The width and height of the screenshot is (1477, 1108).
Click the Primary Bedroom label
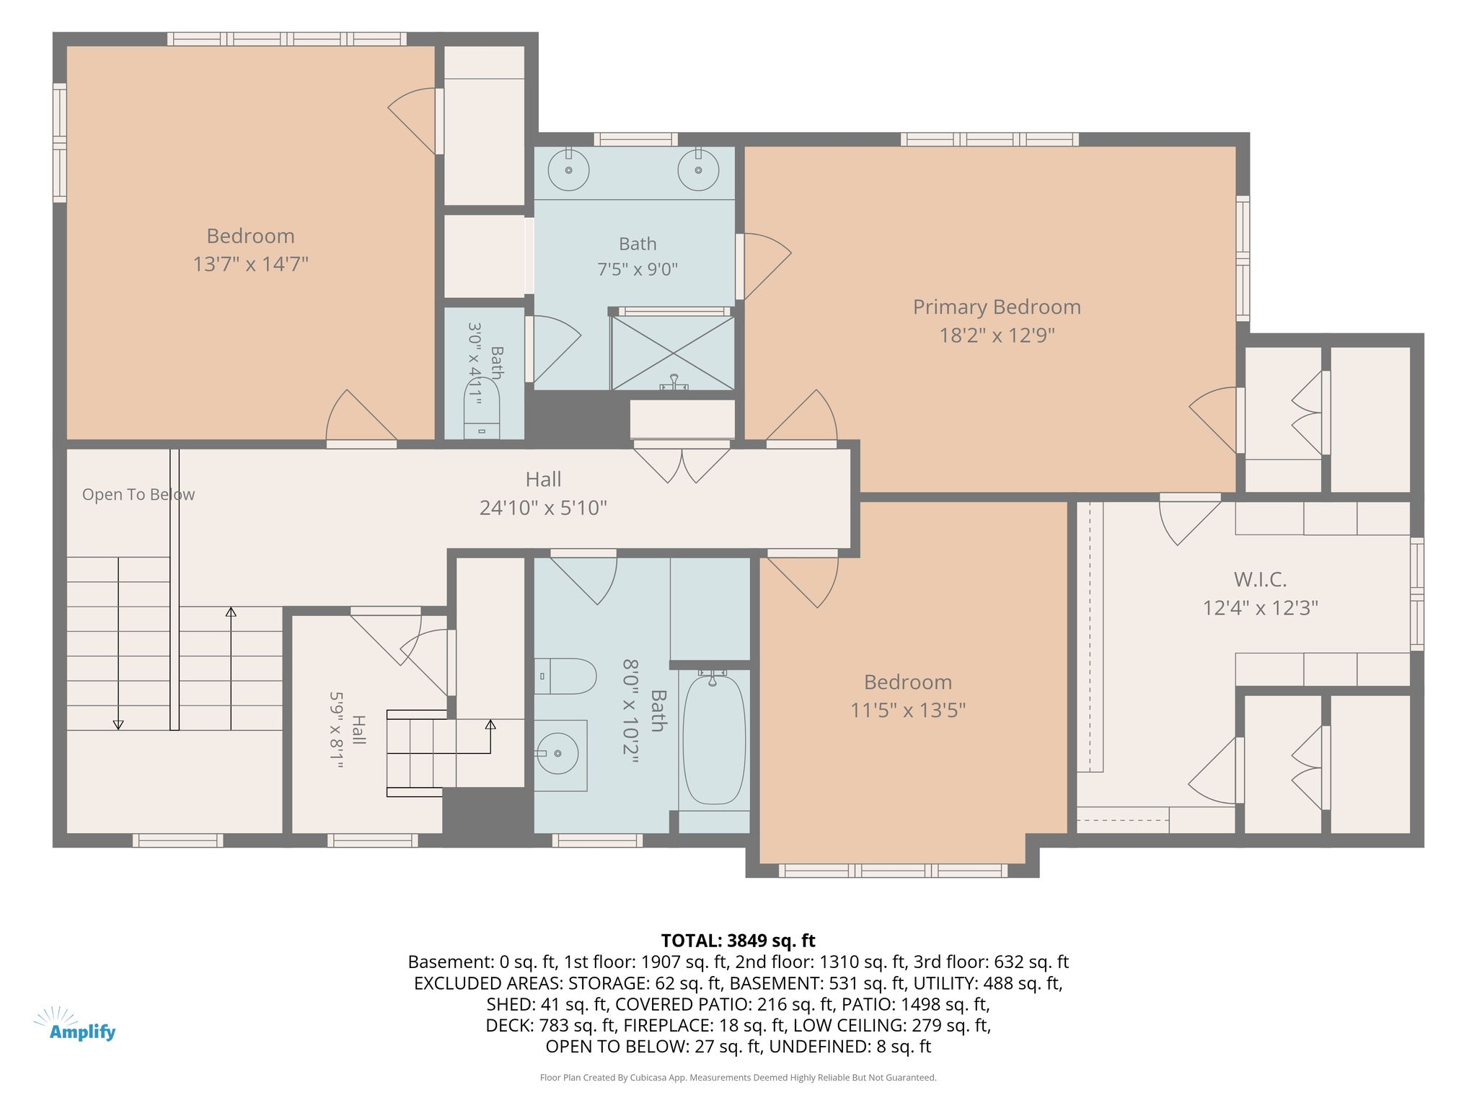coord(997,307)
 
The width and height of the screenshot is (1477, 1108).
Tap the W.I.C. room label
coord(1260,579)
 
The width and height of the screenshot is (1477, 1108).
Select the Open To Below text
coord(138,495)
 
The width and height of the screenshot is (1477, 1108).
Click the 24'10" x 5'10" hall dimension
coord(543,508)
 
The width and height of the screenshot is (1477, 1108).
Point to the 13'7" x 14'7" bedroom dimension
coord(250,264)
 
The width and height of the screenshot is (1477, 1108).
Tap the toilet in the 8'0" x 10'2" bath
coord(565,676)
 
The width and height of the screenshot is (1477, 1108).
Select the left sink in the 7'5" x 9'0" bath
coord(568,170)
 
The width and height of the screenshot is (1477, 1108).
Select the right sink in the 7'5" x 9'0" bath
coord(698,170)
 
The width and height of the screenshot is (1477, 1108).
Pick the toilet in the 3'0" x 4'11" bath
coord(482,408)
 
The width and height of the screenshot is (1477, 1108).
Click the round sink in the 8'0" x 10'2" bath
coord(558,753)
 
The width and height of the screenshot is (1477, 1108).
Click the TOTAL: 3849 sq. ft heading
coord(738,941)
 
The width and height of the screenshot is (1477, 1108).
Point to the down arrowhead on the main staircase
coord(118,725)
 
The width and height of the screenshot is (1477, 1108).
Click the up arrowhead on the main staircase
coord(231,612)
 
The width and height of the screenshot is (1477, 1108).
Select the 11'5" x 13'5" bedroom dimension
coord(908,711)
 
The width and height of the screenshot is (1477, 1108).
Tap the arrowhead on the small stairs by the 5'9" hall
coord(490,724)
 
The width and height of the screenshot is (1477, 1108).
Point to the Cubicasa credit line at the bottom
coord(738,1078)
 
